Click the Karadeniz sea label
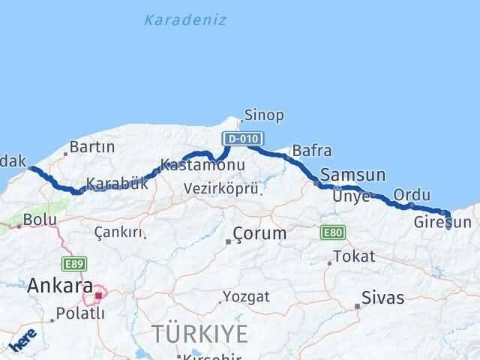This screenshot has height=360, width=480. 184,20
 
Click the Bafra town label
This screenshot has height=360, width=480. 311,151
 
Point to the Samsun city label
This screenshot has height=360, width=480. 352,175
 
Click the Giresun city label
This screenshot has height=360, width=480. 442,222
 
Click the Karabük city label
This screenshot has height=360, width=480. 117,184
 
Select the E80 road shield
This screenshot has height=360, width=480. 332,232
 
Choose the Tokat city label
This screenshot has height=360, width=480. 354,256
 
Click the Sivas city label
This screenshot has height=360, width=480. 382,298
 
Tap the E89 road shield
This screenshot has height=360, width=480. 75,263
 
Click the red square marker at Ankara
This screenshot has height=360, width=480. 97,295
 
